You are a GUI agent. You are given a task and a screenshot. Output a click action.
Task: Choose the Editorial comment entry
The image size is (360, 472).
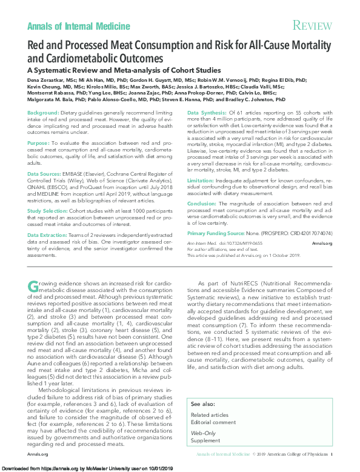point(213,422)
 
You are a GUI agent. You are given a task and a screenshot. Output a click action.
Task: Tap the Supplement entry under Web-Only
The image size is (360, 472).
point(205,441)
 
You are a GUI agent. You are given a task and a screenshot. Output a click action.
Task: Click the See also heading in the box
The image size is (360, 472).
point(202,403)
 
